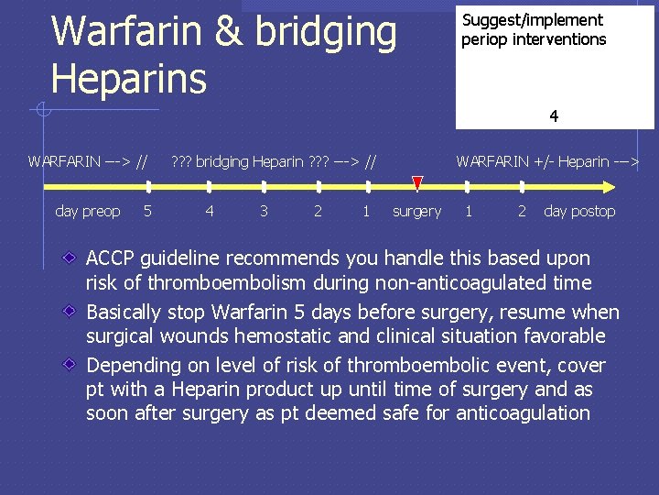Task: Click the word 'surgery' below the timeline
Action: (416, 212)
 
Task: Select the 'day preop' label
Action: (88, 212)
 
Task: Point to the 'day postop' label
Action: (579, 212)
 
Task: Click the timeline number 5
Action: (147, 212)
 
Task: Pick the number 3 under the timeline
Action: (264, 212)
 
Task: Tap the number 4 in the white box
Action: (554, 116)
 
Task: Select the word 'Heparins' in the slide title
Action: (129, 78)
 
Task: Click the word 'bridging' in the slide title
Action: (324, 32)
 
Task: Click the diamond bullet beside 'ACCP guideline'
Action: (70, 258)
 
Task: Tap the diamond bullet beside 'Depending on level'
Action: (70, 365)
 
